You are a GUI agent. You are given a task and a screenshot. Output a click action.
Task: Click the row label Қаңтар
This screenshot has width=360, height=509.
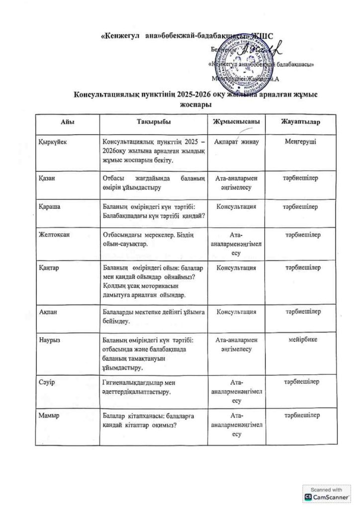[x=50, y=268]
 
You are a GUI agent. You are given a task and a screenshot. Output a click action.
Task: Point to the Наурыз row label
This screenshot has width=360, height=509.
[x=50, y=340]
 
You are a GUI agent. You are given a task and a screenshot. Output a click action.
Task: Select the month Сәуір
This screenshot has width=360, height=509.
[x=48, y=382]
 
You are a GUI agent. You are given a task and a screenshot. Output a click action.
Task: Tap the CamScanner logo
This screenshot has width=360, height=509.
[x=327, y=496]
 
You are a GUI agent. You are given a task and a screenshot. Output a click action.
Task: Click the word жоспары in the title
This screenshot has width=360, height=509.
[x=195, y=104]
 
